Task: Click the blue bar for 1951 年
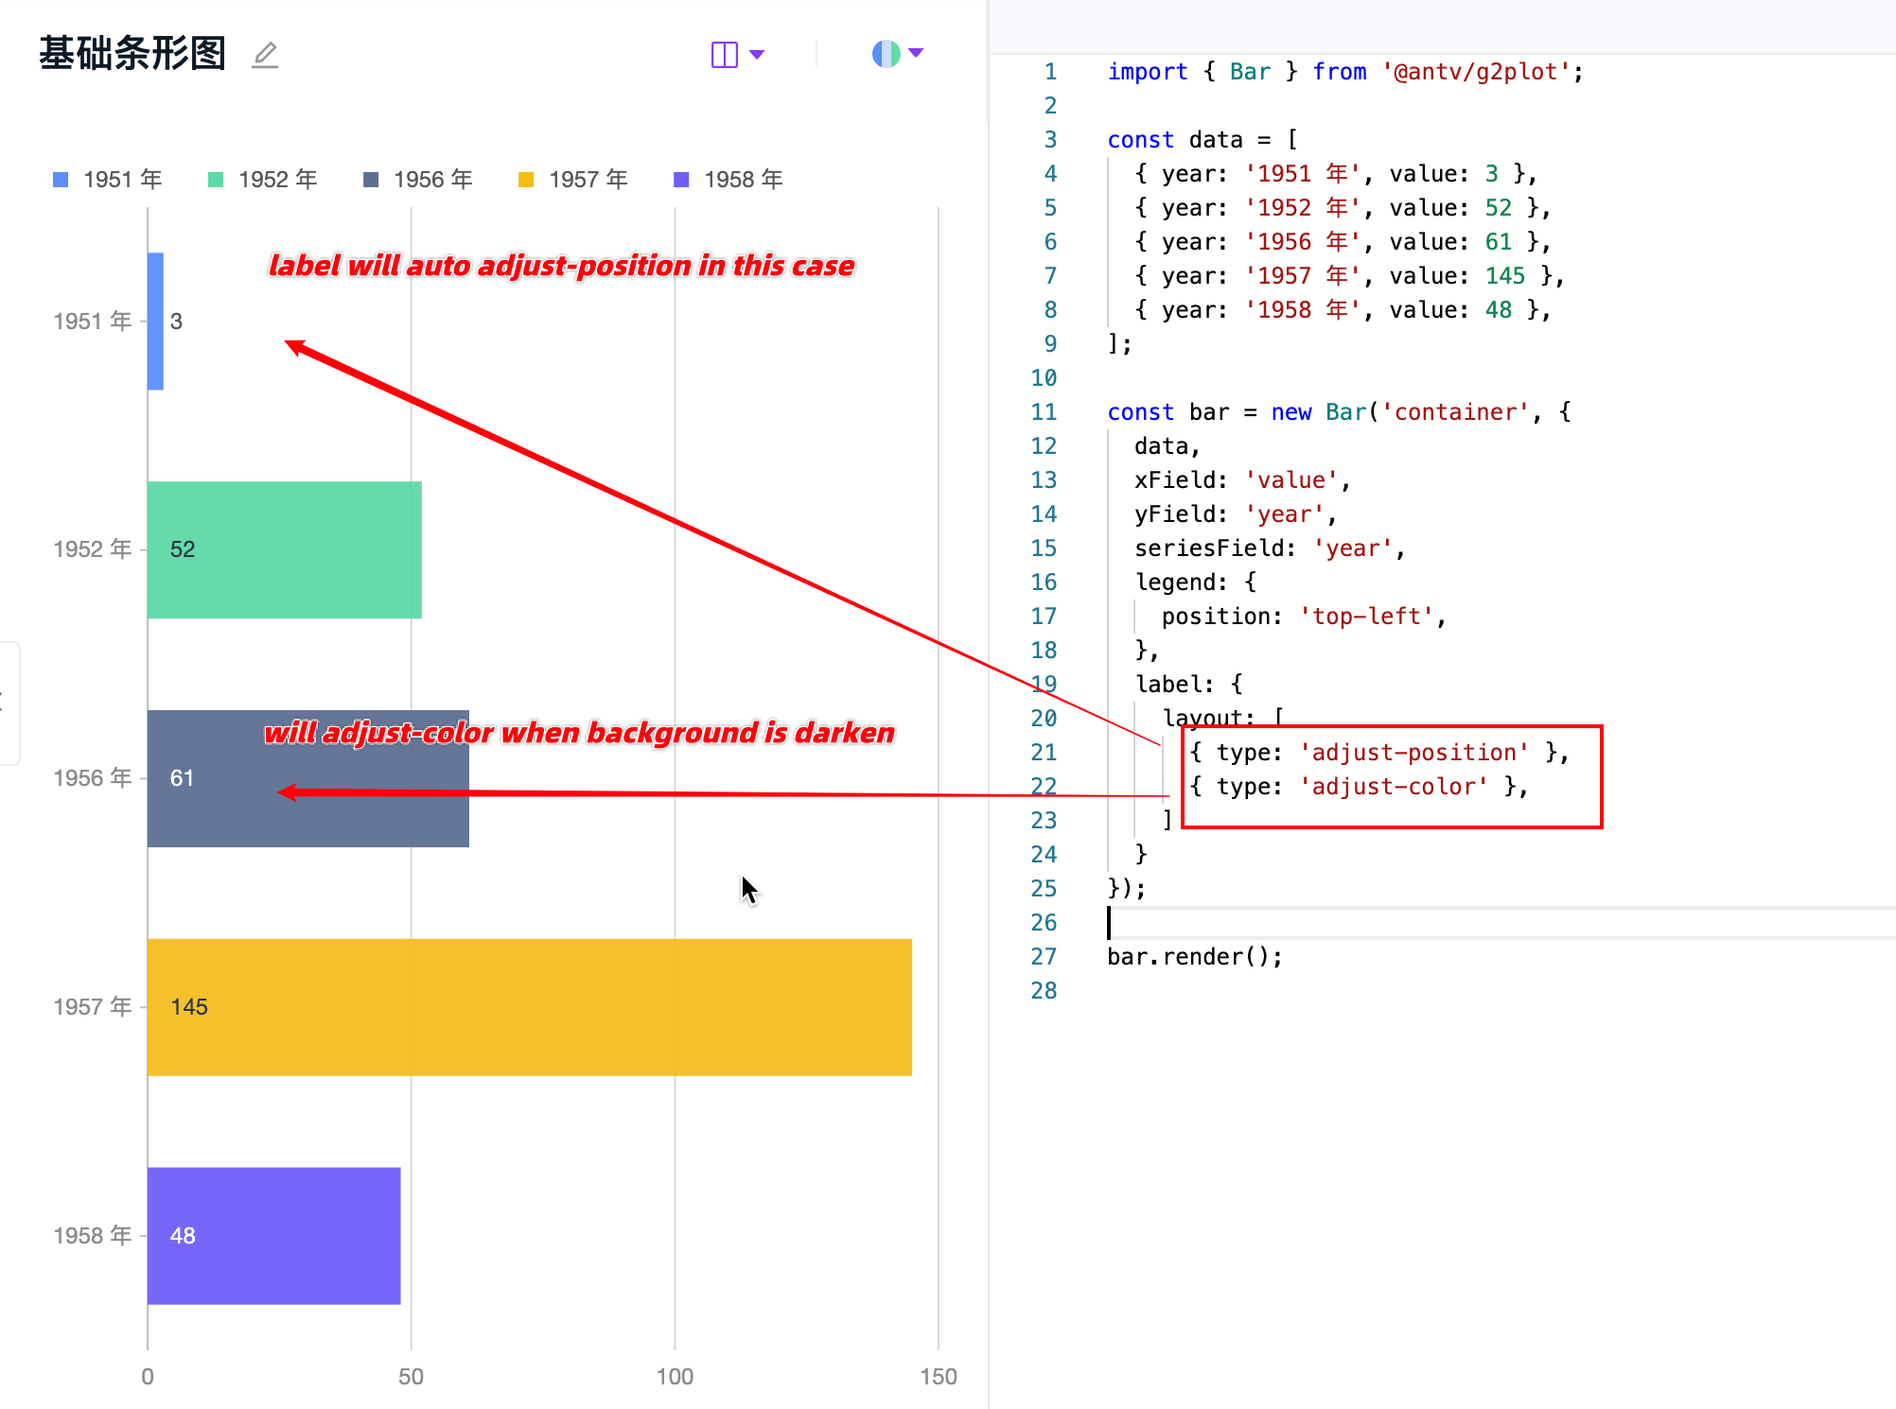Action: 155,321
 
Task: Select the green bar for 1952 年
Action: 284,549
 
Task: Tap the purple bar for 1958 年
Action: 273,1235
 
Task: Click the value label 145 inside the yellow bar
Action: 189,1007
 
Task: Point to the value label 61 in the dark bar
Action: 182,778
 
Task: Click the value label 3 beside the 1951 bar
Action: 176,322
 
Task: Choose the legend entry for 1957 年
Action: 573,180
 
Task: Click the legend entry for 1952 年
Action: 263,180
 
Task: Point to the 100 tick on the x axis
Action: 675,1376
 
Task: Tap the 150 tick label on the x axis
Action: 938,1376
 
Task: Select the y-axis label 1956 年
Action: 92,778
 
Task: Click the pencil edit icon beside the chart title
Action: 265,55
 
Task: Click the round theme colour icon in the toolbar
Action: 887,54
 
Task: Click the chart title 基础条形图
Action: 132,54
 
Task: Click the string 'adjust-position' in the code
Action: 1414,753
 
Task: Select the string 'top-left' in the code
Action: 1367,617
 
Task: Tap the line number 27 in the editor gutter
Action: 1044,957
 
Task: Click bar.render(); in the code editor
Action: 1194,957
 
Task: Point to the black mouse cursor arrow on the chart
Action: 748,889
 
